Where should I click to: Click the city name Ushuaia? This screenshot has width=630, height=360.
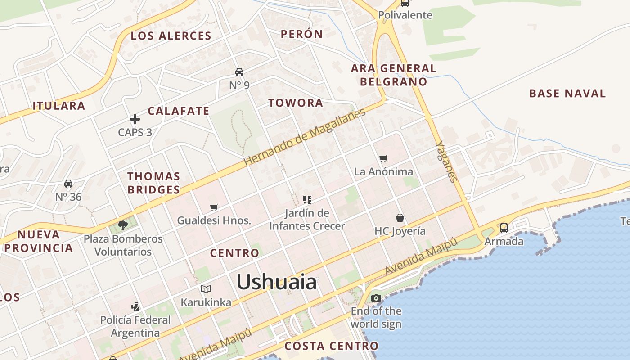pos(276,282)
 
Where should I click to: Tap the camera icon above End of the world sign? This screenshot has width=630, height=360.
pos(376,298)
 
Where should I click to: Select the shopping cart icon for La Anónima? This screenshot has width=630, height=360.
pos(383,158)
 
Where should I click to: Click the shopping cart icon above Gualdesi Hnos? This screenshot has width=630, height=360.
pos(214,207)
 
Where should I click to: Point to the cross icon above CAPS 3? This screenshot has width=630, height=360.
pos(135,119)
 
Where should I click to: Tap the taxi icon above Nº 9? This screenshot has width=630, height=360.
pos(239,72)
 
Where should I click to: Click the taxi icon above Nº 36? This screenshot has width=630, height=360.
pos(68,184)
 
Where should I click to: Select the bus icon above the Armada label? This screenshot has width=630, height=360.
pos(504,228)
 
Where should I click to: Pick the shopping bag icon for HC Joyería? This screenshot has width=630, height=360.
pos(400,218)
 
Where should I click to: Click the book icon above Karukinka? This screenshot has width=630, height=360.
pos(206,289)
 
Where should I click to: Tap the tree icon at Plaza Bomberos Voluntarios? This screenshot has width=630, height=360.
pos(123,225)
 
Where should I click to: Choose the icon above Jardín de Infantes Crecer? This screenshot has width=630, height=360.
pos(307,200)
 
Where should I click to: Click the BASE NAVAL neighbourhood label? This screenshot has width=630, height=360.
pos(567,94)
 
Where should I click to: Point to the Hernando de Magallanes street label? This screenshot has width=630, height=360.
pos(305,137)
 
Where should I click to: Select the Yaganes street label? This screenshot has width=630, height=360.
pos(447,162)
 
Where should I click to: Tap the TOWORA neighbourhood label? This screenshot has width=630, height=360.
pos(296,103)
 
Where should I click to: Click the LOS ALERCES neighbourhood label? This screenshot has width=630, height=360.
pos(171,36)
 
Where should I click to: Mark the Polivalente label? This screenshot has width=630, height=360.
pos(405,15)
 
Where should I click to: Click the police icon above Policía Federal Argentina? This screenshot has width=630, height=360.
pos(135,307)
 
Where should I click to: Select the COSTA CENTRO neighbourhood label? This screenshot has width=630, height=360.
pos(332,346)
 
